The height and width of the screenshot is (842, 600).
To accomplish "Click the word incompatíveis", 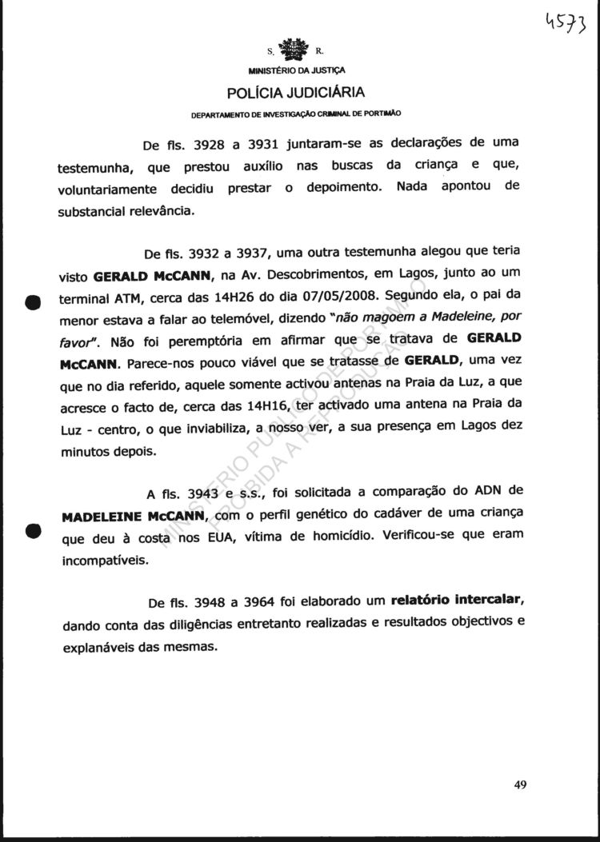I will [x=105, y=561].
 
